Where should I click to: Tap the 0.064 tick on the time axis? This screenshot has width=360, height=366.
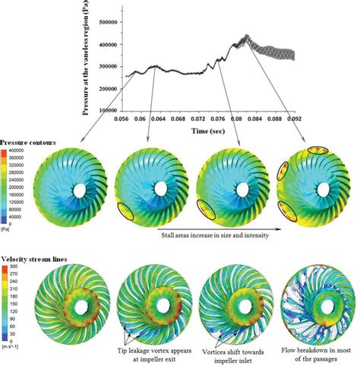[157, 119]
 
